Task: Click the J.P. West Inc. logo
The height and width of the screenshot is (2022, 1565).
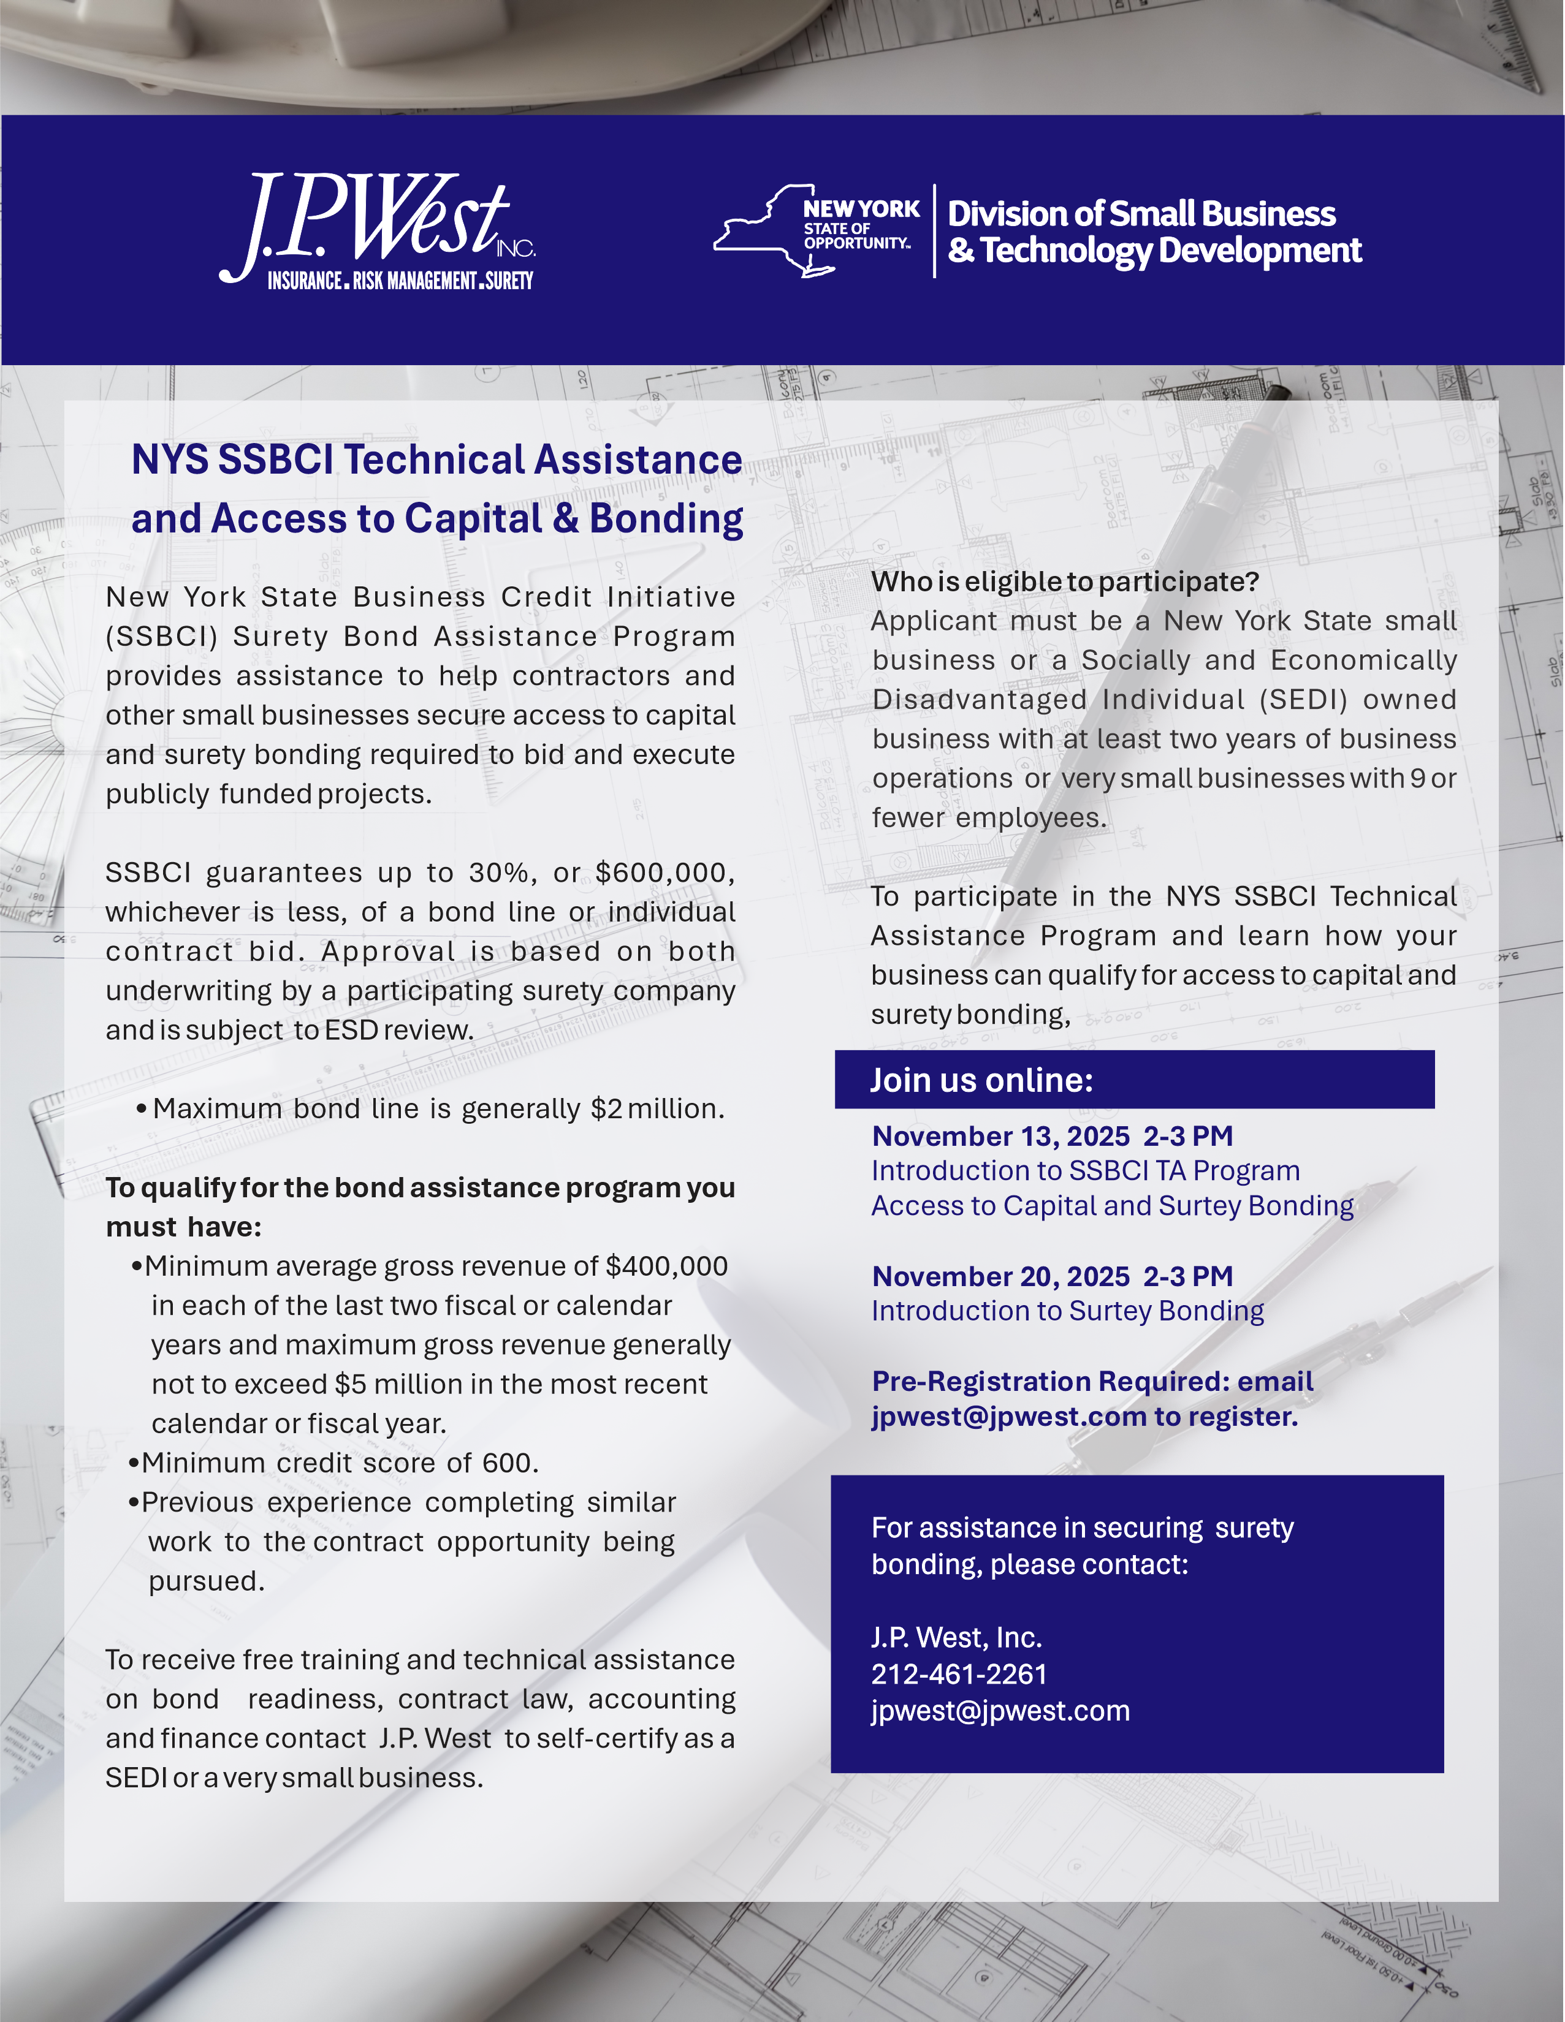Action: pyautogui.click(x=375, y=222)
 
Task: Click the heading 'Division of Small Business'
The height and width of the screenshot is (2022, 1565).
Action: pyautogui.click(x=1141, y=214)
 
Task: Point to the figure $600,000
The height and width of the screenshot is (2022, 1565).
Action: pyautogui.click(x=665, y=872)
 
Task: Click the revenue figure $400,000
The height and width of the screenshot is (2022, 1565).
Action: pyautogui.click(x=667, y=1266)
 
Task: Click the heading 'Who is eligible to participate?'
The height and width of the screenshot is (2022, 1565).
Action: pyautogui.click(x=1065, y=581)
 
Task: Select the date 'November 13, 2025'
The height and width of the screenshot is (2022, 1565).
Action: pyautogui.click(x=1000, y=1136)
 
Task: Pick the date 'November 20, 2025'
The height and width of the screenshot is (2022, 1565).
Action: pyautogui.click(x=1000, y=1276)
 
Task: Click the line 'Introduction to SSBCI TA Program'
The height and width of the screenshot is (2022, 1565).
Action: pyautogui.click(x=1085, y=1171)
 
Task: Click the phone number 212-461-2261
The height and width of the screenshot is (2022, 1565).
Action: pyautogui.click(x=959, y=1674)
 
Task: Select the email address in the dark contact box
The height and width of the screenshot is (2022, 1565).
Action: pyautogui.click(x=1000, y=1711)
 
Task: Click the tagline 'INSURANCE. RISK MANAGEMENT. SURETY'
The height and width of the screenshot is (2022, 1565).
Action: pyautogui.click(x=400, y=281)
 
